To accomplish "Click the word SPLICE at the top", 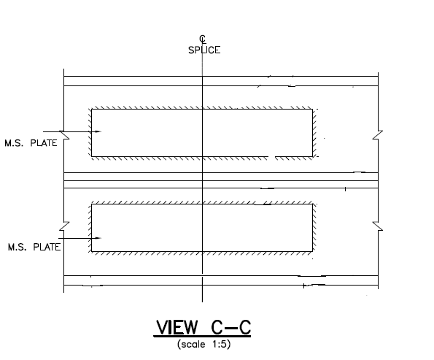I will [x=202, y=50].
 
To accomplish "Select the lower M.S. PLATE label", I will [x=32, y=248].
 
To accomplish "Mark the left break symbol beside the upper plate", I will [x=63, y=136].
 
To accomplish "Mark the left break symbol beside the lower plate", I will [x=63, y=225].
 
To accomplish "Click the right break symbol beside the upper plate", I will [x=378, y=136].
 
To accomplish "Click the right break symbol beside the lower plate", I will [x=378, y=226].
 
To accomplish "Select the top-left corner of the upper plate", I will [x=92, y=110].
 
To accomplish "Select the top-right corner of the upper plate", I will [x=312, y=110].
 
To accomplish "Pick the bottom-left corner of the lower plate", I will [x=92, y=251].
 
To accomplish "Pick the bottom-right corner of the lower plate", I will [x=313, y=251].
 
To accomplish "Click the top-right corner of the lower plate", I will [x=313, y=204].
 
